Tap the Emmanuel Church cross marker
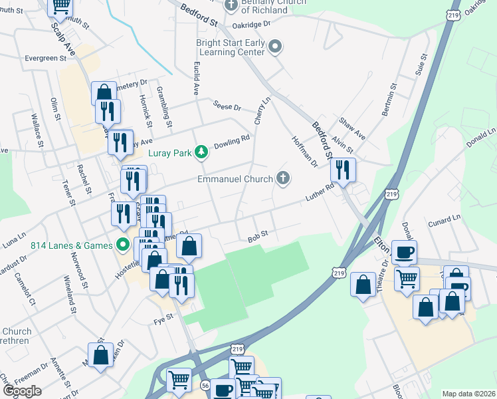tap(283, 179)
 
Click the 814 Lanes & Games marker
tap(122, 245)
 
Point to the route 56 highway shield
tap(205, 384)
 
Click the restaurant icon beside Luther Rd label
tap(343, 170)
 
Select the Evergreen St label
tap(46, 59)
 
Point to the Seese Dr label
tap(227, 106)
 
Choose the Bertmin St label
tap(389, 100)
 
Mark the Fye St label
tap(163, 319)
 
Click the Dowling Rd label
tap(237, 141)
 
